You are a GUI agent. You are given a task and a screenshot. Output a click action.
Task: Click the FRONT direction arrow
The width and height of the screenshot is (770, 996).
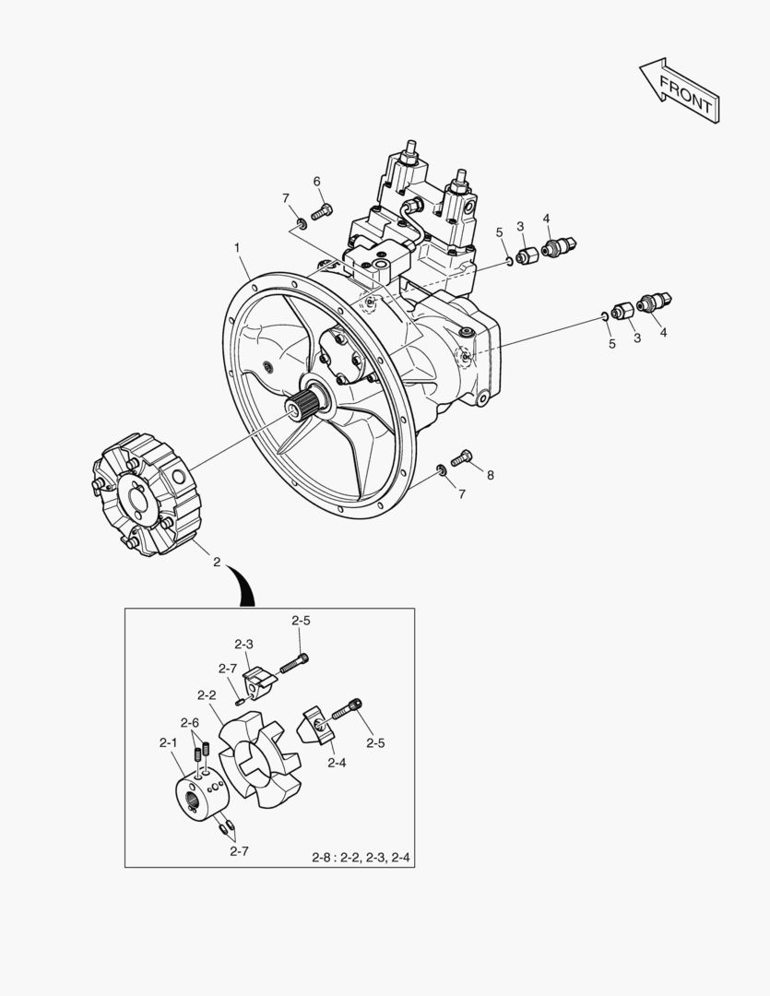[x=680, y=90]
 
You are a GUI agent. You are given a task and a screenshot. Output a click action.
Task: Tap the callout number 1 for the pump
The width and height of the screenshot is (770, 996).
[x=238, y=247]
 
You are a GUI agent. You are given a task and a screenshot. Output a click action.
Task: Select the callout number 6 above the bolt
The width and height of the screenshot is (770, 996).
[x=316, y=182]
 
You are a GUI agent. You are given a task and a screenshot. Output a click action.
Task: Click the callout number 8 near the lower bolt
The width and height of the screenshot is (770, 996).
[x=490, y=475]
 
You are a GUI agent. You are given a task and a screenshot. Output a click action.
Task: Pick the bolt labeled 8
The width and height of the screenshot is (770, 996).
[x=462, y=456]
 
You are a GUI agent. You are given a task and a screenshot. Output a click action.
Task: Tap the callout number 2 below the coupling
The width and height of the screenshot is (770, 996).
[x=217, y=563]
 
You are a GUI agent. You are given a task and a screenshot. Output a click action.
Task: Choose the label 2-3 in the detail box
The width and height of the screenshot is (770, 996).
[x=244, y=644]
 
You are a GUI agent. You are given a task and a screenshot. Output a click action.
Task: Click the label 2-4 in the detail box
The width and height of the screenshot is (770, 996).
[x=337, y=763]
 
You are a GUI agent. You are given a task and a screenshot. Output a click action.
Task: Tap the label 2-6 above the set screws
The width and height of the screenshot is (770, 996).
[x=190, y=722]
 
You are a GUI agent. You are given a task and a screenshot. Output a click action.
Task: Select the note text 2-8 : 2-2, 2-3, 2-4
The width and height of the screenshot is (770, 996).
[x=361, y=858]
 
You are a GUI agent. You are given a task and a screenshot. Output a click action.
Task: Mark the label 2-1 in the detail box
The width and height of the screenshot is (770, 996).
[x=169, y=741]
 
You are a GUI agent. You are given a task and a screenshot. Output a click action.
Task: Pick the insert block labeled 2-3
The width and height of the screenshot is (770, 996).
[x=259, y=681]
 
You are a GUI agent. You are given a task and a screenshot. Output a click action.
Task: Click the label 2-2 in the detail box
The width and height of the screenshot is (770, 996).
[x=207, y=695]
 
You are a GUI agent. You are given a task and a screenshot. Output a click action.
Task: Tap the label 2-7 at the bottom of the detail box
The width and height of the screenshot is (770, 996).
[x=239, y=851]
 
